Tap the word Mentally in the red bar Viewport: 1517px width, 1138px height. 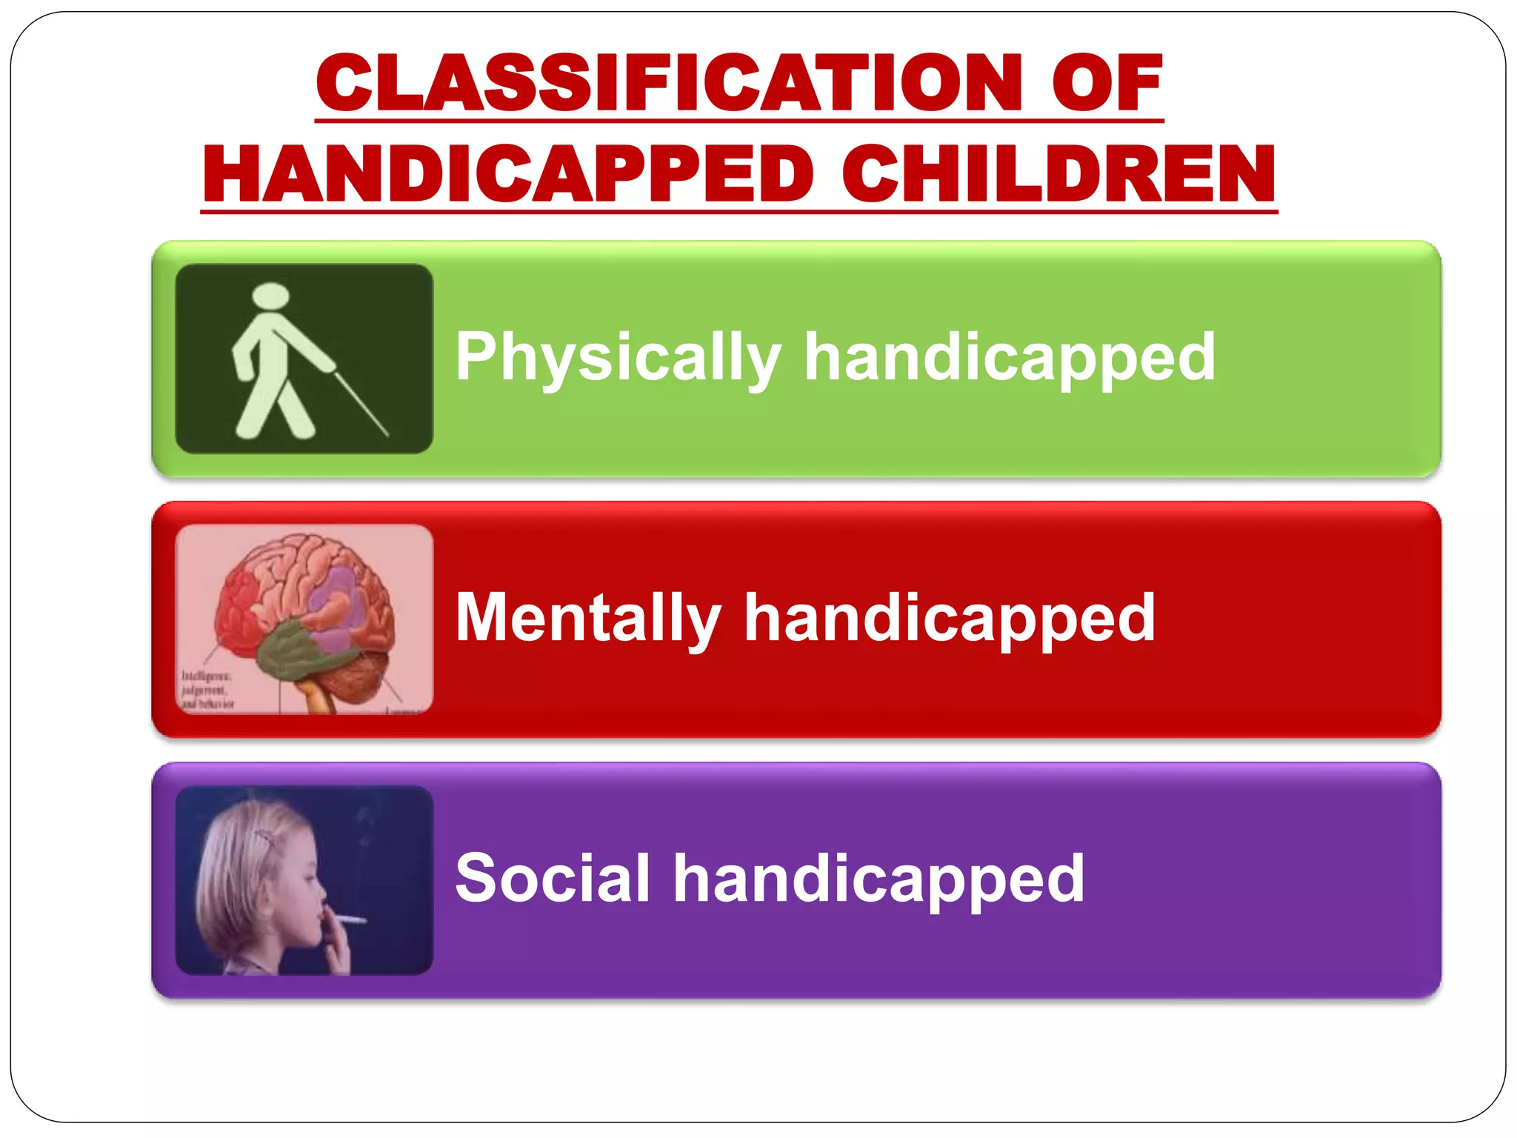tap(588, 619)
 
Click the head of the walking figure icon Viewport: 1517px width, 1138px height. tap(270, 296)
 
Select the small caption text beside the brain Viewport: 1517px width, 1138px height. tap(207, 690)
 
